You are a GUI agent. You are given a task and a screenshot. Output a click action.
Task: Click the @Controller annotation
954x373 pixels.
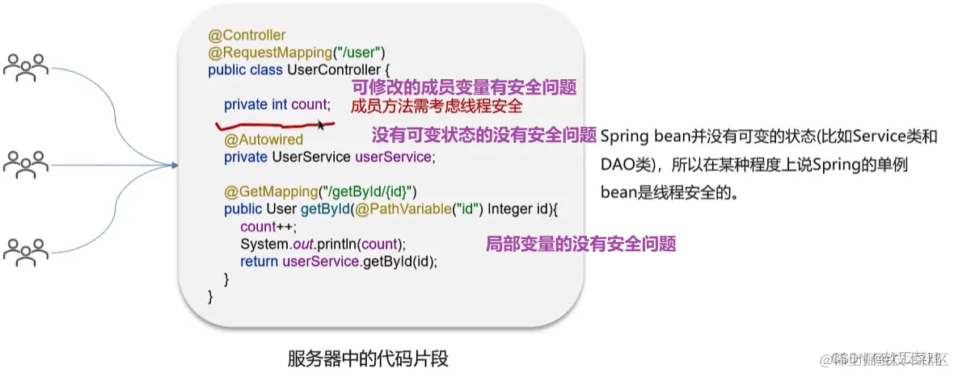247,36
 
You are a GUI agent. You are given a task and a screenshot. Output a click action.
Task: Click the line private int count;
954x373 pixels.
277,104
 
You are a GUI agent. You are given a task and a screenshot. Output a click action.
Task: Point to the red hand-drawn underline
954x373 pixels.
267,125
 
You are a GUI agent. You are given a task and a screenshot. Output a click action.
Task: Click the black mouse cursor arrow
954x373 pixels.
321,124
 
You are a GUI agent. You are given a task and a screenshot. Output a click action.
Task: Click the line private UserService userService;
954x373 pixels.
329,156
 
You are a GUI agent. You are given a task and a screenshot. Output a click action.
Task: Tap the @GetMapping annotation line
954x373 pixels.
319,191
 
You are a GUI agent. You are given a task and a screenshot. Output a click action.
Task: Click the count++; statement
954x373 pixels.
264,226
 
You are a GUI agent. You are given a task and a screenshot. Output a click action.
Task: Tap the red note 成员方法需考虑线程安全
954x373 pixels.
437,106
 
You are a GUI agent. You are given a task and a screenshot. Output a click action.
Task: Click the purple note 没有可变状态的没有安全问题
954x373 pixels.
483,135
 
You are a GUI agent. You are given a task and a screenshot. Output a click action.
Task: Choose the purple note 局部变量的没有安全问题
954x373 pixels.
580,243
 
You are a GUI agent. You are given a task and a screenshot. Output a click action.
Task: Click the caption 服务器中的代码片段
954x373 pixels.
367,357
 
